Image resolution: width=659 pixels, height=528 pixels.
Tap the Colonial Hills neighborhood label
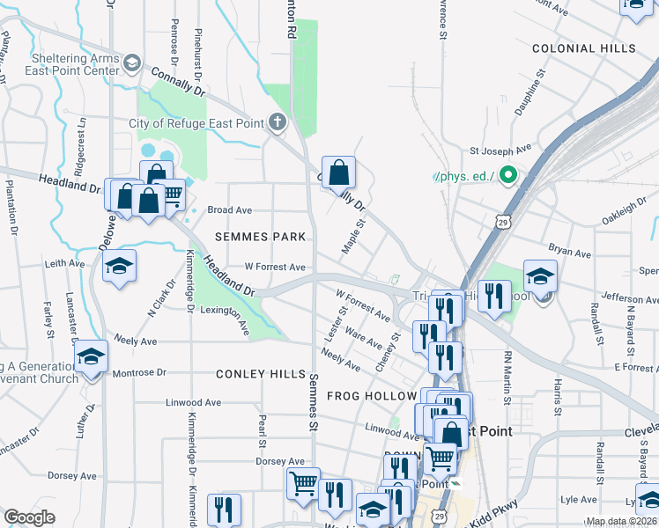click(583, 48)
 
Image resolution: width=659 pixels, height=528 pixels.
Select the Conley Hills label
click(261, 374)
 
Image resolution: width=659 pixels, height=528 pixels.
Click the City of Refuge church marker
click(278, 122)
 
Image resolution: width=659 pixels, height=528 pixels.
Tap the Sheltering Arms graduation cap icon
click(132, 62)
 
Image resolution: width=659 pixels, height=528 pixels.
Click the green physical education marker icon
click(507, 177)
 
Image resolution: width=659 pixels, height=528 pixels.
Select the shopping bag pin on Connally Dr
click(338, 172)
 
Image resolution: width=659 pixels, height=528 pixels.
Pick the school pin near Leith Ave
click(120, 268)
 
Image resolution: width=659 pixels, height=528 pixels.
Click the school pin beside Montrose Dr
click(90, 357)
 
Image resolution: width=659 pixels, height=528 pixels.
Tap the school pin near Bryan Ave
click(540, 276)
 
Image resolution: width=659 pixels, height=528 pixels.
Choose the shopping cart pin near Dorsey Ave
click(302, 482)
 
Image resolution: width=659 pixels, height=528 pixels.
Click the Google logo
click(30, 517)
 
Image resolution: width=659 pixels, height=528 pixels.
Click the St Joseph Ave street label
click(500, 149)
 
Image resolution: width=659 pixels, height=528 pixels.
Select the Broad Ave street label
click(229, 210)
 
